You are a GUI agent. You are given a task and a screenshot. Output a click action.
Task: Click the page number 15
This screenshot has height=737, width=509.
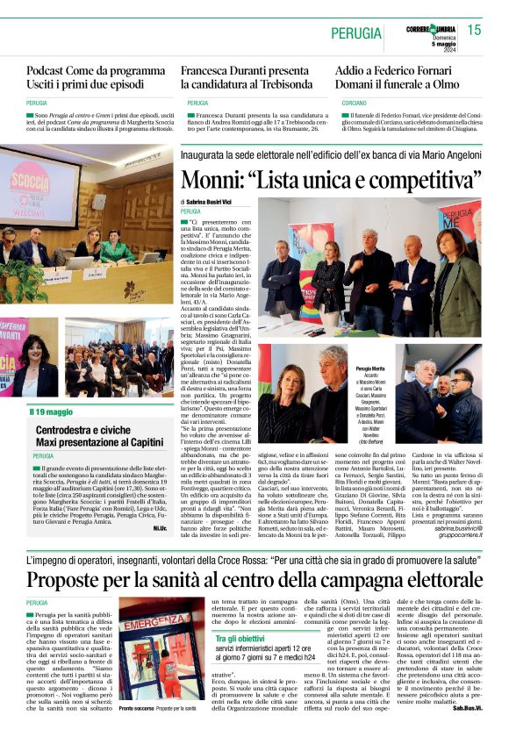click(474, 31)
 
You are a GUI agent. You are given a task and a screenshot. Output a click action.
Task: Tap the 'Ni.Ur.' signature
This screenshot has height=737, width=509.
click(160, 527)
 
